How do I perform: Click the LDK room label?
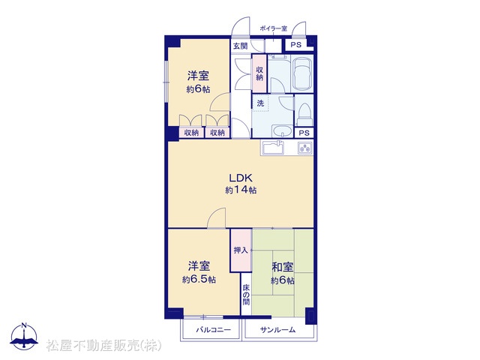pyautogui.click(x=241, y=178)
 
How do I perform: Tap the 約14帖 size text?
pyautogui.click(x=241, y=190)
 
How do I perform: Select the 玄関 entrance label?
pyautogui.click(x=240, y=46)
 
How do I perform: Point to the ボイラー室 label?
pyautogui.click(x=273, y=28)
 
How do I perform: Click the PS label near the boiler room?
pyautogui.click(x=295, y=45)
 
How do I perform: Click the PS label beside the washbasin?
pyautogui.click(x=304, y=133)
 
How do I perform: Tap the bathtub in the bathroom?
pyautogui.click(x=302, y=73)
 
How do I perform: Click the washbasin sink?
pyautogui.click(x=282, y=132)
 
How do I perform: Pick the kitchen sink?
pyautogui.click(x=273, y=148)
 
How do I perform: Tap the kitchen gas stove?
pyautogui.click(x=305, y=148)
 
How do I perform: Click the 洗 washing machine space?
pyautogui.click(x=260, y=103)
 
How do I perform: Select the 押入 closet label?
pyautogui.click(x=241, y=250)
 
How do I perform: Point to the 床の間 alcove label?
pyautogui.click(x=246, y=295)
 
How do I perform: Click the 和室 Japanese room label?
pyautogui.click(x=283, y=267)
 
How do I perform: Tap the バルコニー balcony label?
pyautogui.click(x=213, y=330)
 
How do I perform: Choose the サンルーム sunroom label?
pyautogui.click(x=277, y=330)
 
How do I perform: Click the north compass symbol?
pyautogui.click(x=24, y=336)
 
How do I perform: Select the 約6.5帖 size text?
pyautogui.click(x=199, y=280)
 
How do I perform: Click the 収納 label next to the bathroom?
pyautogui.click(x=259, y=73)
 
